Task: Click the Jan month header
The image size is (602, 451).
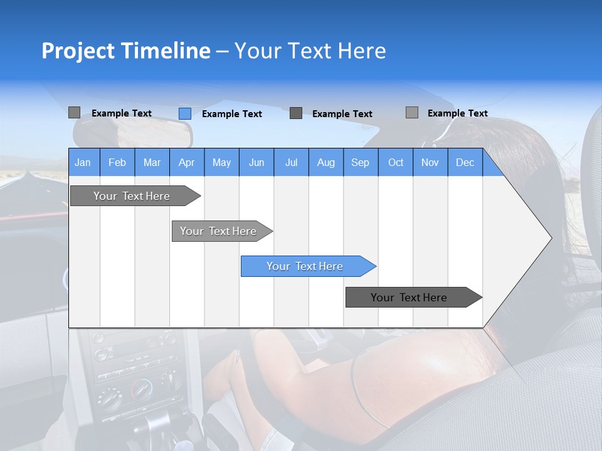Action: coord(83,162)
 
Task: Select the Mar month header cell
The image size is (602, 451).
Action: coord(152,162)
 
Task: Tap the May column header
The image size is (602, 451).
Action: coord(221,162)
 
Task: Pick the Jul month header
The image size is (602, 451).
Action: coord(291,162)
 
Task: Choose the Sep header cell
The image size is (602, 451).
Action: coord(360,162)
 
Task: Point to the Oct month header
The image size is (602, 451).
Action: coord(396,162)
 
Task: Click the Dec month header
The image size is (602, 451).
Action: coord(465,162)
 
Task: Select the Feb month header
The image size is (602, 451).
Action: coord(117,162)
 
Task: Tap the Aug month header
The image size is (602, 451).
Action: coord(325,162)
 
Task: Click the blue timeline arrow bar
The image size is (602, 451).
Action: coord(307,266)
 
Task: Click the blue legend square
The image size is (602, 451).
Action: coord(184,113)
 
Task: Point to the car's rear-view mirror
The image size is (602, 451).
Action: coord(132,132)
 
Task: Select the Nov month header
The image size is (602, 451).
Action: coord(430,162)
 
